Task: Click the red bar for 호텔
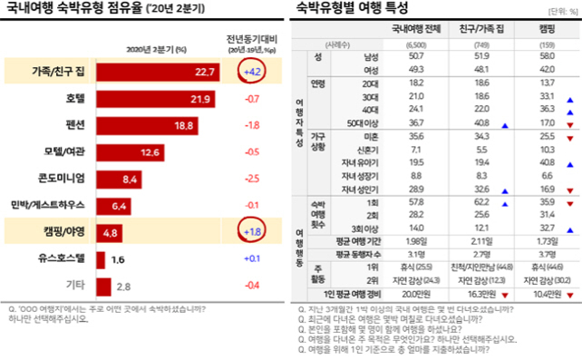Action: point(155,98)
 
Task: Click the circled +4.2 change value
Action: point(255,72)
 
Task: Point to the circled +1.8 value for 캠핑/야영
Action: point(255,231)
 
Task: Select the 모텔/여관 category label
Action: point(63,151)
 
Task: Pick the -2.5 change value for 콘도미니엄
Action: point(255,178)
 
